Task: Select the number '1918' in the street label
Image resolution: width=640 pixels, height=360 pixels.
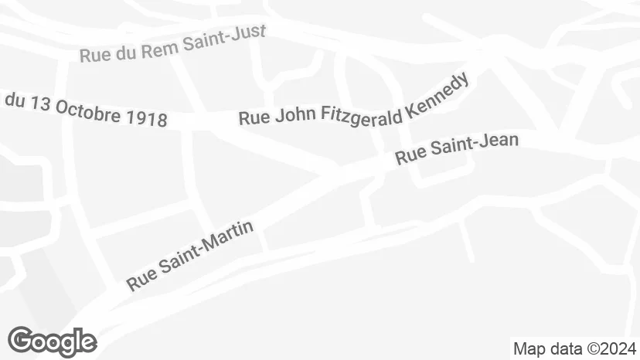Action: [146, 118]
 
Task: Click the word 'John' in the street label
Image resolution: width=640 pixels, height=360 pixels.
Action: [291, 117]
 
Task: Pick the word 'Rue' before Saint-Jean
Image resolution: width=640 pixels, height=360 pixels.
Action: [410, 157]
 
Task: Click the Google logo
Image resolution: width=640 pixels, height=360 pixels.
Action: [52, 341]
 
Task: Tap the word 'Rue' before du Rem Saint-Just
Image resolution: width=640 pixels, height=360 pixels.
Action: [94, 56]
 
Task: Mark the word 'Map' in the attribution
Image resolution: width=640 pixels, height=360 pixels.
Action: [529, 348]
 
